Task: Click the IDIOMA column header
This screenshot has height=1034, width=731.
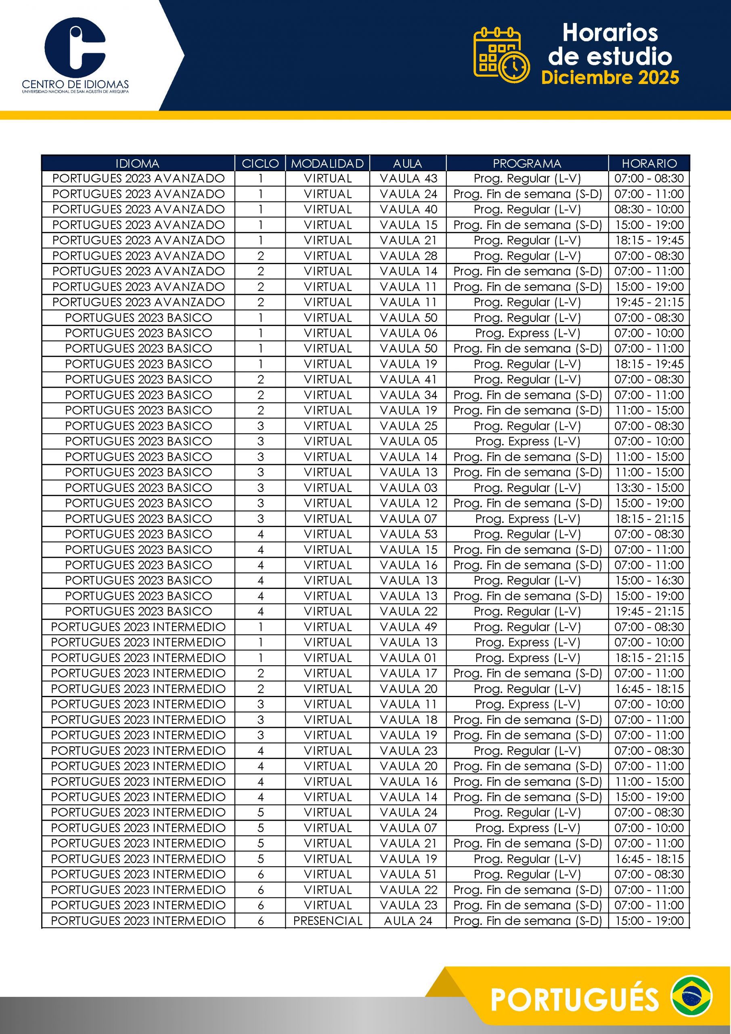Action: point(137,163)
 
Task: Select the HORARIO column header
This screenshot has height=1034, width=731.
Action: point(649,163)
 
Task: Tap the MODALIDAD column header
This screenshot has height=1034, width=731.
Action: point(327,163)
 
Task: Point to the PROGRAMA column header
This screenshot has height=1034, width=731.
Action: point(527,163)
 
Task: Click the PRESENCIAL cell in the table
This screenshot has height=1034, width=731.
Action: point(328,921)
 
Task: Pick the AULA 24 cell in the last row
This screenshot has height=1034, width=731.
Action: point(408,921)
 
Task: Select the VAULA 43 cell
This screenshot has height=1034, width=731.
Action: point(408,179)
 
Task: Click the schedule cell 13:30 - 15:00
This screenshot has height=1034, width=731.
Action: point(649,488)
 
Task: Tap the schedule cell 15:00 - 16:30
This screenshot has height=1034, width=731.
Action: point(649,580)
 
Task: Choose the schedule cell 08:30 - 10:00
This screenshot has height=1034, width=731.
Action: point(649,209)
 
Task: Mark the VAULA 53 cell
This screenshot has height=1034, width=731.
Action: point(408,534)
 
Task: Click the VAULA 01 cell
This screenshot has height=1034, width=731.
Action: point(408,658)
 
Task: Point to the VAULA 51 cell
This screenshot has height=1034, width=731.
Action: point(408,874)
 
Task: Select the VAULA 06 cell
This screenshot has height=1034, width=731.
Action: point(408,333)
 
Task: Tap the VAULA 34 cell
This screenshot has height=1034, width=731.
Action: point(408,395)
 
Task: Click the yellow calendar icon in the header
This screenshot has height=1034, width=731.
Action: point(501,55)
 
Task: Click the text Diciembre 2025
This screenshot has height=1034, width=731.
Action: point(610,78)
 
